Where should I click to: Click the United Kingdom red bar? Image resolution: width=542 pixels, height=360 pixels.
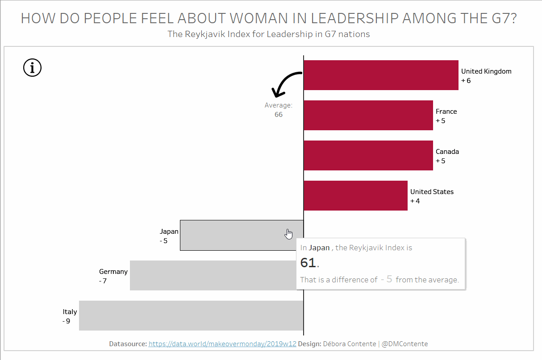[x=381, y=75]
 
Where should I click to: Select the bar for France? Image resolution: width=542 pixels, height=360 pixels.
[x=368, y=115]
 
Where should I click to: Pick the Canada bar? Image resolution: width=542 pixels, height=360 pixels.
[x=368, y=155]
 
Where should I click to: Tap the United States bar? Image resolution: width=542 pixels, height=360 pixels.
[x=355, y=195]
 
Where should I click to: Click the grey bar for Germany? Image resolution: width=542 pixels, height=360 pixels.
[x=213, y=275]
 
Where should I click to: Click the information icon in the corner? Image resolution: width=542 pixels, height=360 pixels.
[x=32, y=68]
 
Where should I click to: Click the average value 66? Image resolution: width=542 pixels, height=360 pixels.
[x=279, y=115]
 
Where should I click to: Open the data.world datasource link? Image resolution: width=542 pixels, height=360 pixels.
[x=222, y=344]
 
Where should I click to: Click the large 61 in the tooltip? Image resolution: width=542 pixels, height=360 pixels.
[x=308, y=263]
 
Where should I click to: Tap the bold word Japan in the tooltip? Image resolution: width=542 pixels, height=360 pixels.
[x=319, y=248]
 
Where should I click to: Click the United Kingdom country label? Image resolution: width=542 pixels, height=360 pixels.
[x=486, y=71]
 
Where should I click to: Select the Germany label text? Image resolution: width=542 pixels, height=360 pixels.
[x=113, y=272]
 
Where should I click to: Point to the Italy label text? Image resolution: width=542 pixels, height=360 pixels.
[x=70, y=312]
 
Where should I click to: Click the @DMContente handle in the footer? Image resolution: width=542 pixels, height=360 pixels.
[x=405, y=344]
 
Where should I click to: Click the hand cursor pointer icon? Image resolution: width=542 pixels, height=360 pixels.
[x=289, y=234]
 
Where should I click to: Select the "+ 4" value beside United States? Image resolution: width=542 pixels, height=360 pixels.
[x=415, y=201]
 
